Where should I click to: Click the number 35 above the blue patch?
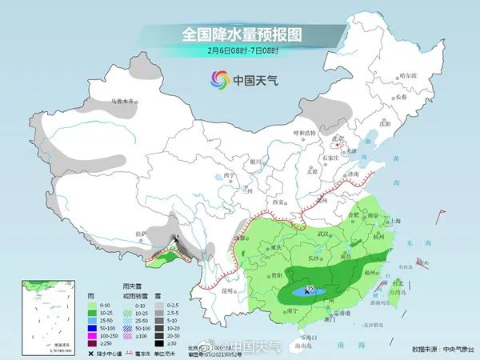point(310,287)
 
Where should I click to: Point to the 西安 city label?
point(278,202)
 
